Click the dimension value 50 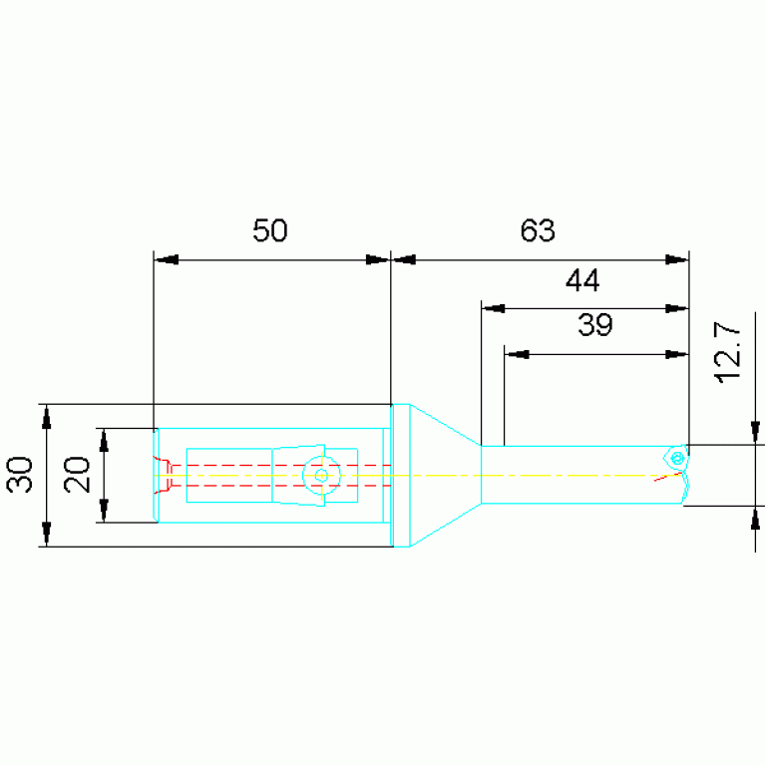pyautogui.click(x=270, y=230)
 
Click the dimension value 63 pyautogui.click(x=538, y=230)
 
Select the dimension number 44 pyautogui.click(x=582, y=280)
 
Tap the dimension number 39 pyautogui.click(x=595, y=324)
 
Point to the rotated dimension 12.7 pyautogui.click(x=727, y=352)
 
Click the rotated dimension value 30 pyautogui.click(x=20, y=475)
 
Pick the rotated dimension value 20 pyautogui.click(x=77, y=475)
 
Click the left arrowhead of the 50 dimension pyautogui.click(x=166, y=259)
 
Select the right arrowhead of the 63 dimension pyautogui.click(x=676, y=259)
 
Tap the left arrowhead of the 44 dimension pyautogui.click(x=494, y=308)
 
